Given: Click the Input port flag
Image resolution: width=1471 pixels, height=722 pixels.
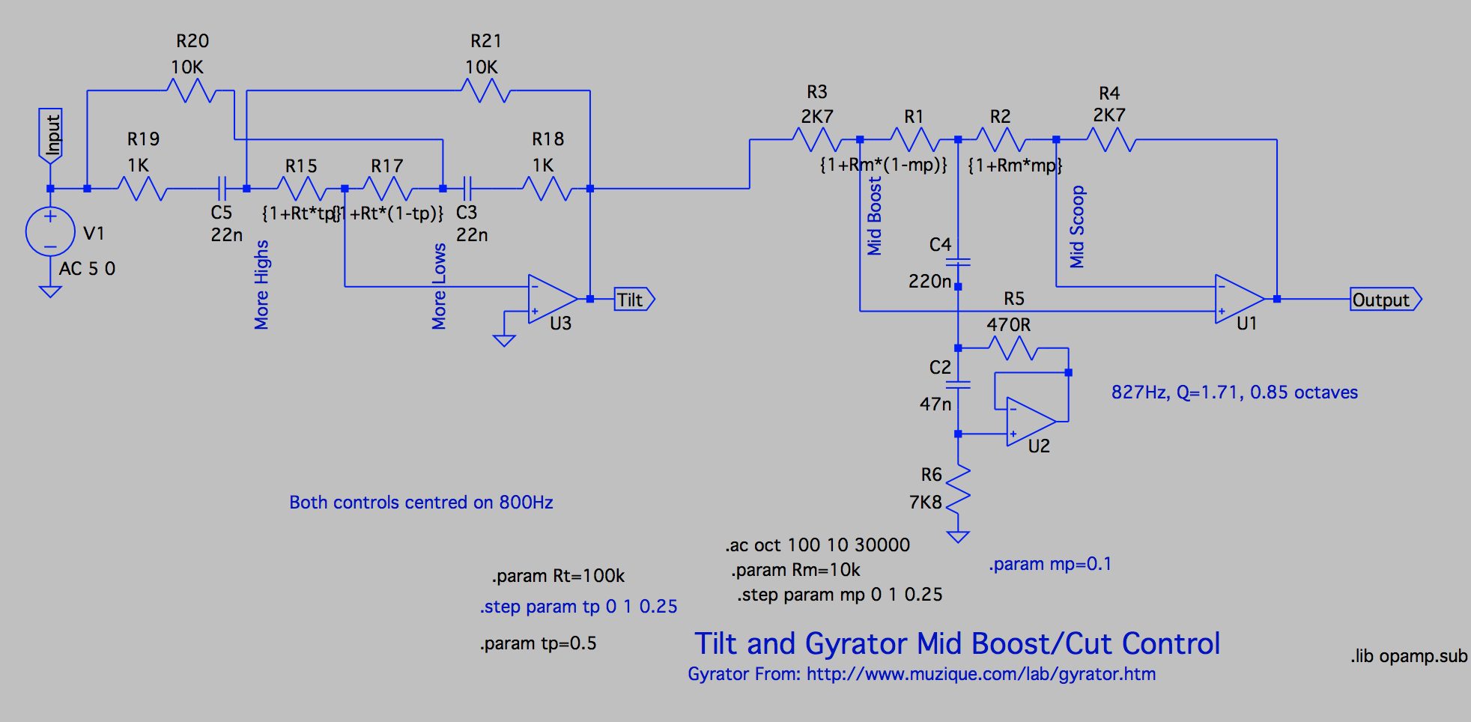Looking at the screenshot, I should [51, 136].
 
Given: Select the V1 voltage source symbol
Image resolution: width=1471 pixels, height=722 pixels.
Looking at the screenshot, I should [50, 232].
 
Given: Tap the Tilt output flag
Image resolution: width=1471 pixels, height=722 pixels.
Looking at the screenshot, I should [634, 300].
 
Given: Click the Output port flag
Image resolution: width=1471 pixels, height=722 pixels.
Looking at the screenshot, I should [1385, 300].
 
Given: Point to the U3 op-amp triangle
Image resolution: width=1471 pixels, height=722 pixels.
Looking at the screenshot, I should [552, 299].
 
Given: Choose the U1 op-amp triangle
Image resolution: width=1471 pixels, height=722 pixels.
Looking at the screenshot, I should [1239, 299].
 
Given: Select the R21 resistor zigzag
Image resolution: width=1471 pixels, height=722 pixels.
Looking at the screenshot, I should [486, 91].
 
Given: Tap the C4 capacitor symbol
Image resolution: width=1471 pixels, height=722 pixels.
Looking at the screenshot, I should [958, 262].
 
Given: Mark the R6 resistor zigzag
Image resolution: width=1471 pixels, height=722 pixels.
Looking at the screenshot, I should [958, 488].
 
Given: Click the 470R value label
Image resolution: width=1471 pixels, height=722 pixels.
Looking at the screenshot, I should [1008, 325].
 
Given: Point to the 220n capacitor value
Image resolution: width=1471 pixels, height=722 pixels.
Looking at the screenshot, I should [929, 282].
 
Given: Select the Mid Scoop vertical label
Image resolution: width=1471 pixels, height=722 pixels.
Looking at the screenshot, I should [1077, 227].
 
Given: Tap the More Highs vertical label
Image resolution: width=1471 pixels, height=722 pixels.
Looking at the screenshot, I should [261, 285].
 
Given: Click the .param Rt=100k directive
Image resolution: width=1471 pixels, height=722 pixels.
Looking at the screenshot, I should [558, 576].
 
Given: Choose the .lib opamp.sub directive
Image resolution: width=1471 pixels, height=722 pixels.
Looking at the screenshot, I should [1409, 656].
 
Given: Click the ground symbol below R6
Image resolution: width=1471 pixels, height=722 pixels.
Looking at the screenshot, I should [958, 536].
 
